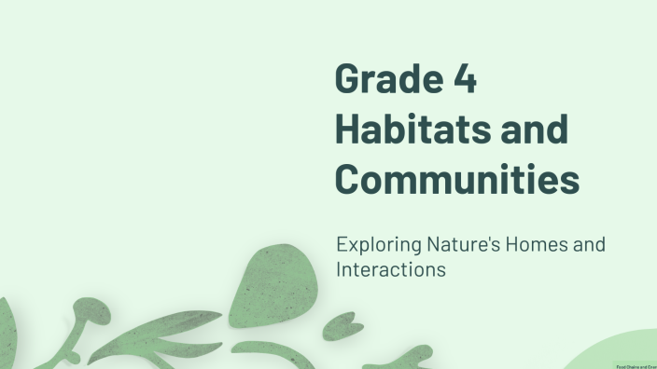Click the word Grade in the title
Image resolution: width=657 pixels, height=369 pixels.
pyautogui.click(x=386, y=80)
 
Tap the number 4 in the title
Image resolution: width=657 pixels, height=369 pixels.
pyautogui.click(x=465, y=80)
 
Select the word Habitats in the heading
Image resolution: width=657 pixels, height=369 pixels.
pyautogui.click(x=412, y=130)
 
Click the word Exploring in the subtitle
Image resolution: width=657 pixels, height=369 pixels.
pyautogui.click(x=373, y=245)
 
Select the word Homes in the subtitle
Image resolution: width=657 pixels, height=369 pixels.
pyautogui.click(x=534, y=245)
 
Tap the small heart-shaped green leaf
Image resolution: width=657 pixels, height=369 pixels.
pyautogui.click(x=340, y=325)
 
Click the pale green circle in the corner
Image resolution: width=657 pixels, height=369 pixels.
pyautogui.click(x=621, y=354)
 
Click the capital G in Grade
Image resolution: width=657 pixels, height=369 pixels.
pyautogui.click(x=348, y=80)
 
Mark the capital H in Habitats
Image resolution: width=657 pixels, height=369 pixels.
pyautogui.click(x=348, y=130)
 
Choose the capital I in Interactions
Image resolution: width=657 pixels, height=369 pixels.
pyautogui.click(x=339, y=269)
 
